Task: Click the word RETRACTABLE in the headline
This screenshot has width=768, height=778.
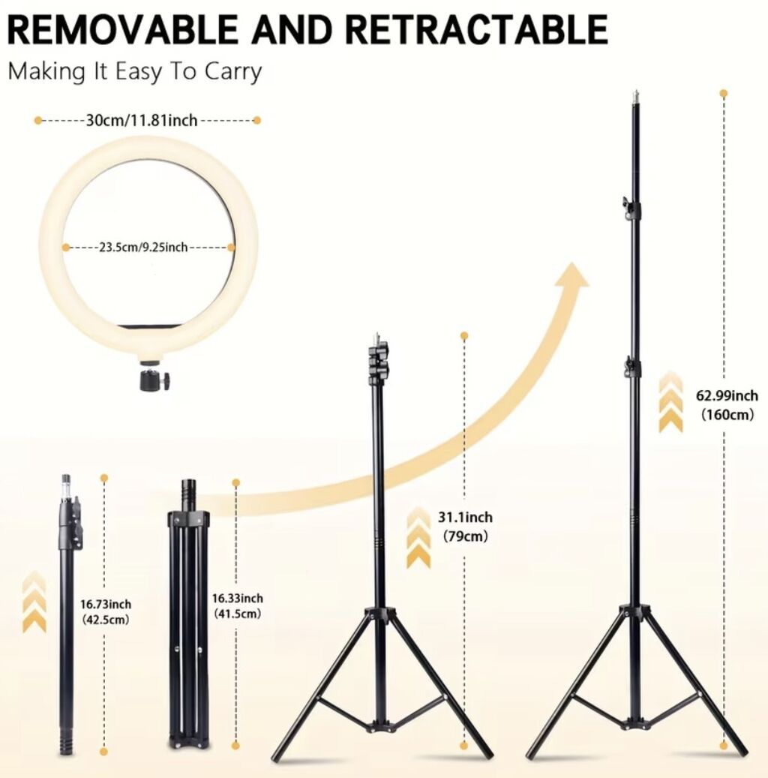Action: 476,30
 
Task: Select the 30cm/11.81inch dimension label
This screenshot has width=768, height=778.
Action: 142,120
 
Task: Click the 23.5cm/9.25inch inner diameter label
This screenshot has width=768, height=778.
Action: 143,247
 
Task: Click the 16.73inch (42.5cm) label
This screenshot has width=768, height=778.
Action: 106,611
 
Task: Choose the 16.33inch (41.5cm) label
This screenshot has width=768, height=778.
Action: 238,606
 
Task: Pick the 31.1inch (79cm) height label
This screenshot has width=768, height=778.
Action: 465,527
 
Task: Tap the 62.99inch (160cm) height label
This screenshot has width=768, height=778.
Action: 727,405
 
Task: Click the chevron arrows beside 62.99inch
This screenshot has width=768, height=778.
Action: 670,401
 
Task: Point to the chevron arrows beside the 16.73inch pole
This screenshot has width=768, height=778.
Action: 34,602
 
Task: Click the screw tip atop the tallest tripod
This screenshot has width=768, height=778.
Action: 635,96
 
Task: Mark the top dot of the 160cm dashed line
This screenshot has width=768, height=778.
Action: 724,93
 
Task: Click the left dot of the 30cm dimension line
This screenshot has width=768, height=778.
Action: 38,120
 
